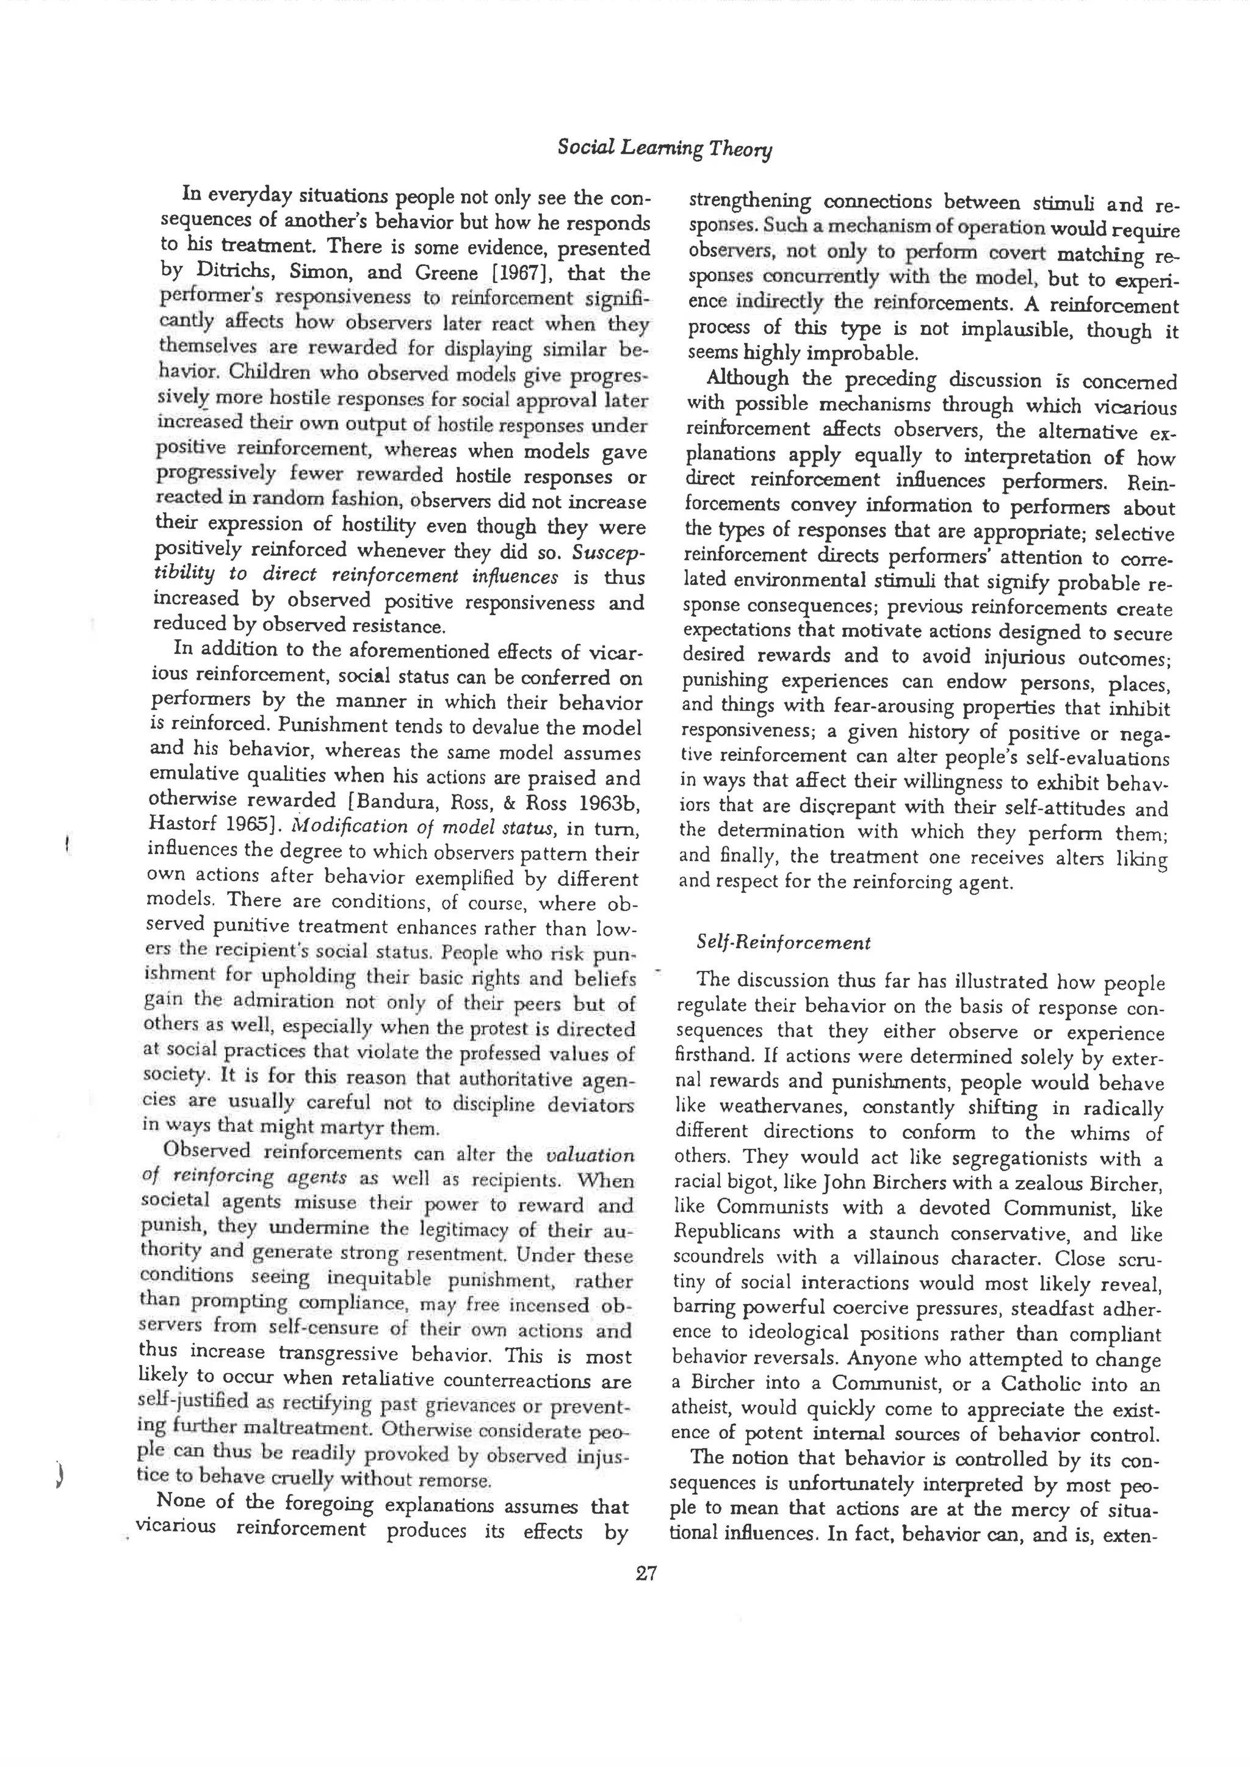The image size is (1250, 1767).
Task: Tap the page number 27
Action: pyautogui.click(x=646, y=1572)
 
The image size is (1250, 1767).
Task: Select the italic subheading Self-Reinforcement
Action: pyautogui.click(x=784, y=943)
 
